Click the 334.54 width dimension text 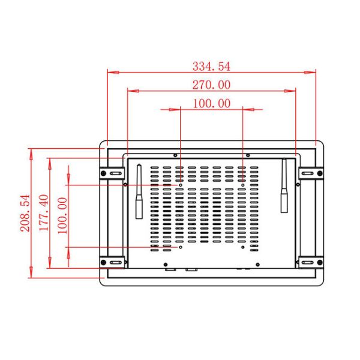(211, 65)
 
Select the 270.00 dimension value (211, 85)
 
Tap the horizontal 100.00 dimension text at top (211, 103)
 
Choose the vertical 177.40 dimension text (43, 211)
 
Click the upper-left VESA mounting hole (181, 185)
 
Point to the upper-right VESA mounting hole (242, 185)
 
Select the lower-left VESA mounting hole (181, 247)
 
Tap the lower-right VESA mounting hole (242, 247)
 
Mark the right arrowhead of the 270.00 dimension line (292, 91)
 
